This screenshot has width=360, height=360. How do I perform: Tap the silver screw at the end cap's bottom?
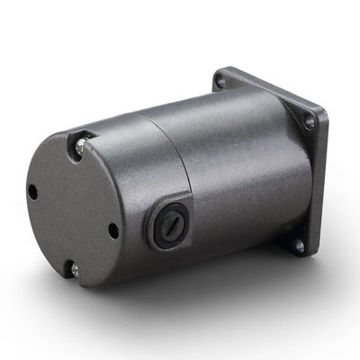[x=74, y=267]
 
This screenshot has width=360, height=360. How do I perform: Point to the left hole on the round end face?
[x=32, y=192]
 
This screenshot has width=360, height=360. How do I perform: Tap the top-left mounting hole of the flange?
[x=220, y=82]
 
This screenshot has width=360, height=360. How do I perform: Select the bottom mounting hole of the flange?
[x=298, y=243]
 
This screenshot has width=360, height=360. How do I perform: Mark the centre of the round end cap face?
[x=72, y=205]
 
